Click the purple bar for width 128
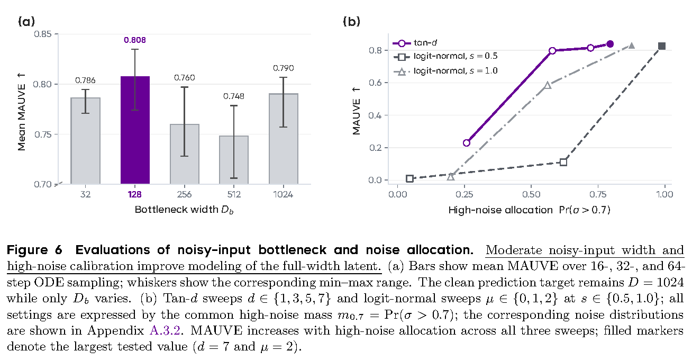pyautogui.click(x=135, y=130)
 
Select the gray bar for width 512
pyautogui.click(x=234, y=160)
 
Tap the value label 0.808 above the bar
pyautogui.click(x=135, y=40)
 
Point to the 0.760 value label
pyautogui.click(x=185, y=78)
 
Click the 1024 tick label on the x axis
pyautogui.click(x=283, y=194)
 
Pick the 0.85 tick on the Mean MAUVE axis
pyautogui.click(x=43, y=34)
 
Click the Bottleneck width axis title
pyautogui.click(x=184, y=210)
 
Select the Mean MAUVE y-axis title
pyautogui.click(x=21, y=112)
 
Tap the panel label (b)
pyautogui.click(x=352, y=22)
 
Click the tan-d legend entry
pyautogui.click(x=415, y=43)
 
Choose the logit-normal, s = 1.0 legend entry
pyautogui.click(x=445, y=71)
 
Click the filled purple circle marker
pyautogui.click(x=610, y=44)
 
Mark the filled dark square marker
pyautogui.click(x=661, y=46)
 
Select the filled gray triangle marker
pyautogui.click(x=632, y=46)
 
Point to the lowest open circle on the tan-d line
pyautogui.click(x=467, y=143)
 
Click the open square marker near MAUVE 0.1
pyautogui.click(x=563, y=162)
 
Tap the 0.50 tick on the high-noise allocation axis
pyautogui.click(x=531, y=194)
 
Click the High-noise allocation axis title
pyautogui.click(x=529, y=210)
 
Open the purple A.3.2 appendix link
pyautogui.click(x=165, y=331)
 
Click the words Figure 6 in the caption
pyautogui.click(x=34, y=250)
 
